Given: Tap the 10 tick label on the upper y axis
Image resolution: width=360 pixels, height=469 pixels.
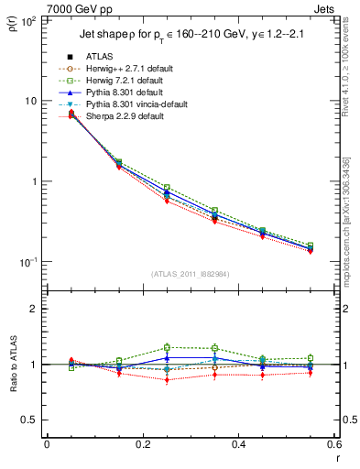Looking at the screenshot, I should [x=29, y=100].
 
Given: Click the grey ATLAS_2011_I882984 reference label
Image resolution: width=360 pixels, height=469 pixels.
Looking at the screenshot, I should [x=191, y=274].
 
